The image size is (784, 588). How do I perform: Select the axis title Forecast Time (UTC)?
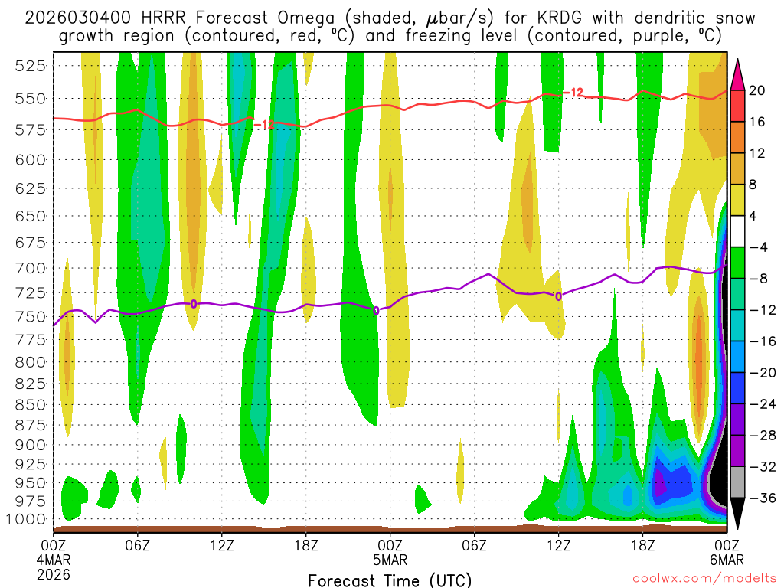tap(390, 580)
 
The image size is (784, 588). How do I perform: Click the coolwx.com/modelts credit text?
tap(704, 580)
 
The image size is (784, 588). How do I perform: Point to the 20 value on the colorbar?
tap(757, 90)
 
